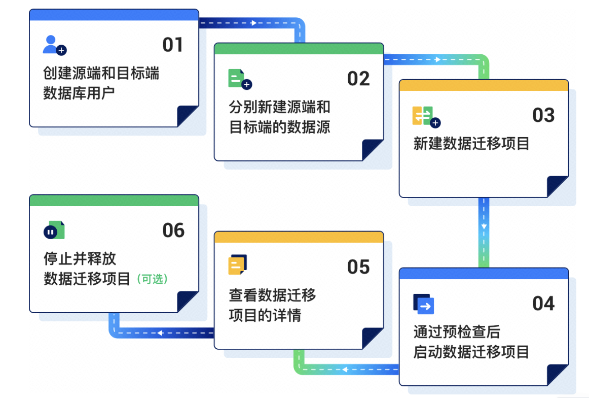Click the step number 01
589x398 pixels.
coord(173,45)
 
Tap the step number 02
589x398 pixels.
coord(358,79)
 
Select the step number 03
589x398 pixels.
coord(543,115)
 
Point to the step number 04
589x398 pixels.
coord(543,304)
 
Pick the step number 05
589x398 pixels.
coord(358,267)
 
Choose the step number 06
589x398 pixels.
coord(173,230)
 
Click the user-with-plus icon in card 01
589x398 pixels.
coord(55,46)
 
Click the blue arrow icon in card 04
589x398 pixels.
coord(424,304)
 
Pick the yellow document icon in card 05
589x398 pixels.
coord(237,265)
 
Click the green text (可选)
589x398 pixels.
coord(152,279)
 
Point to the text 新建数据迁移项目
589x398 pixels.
coord(471,144)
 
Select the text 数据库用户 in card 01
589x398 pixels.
coord(79,93)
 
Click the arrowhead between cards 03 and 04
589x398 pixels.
coord(484,226)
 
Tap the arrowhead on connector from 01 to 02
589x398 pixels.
coord(253,23)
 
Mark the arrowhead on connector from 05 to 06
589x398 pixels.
coord(160,333)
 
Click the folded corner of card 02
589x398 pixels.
coord(372,150)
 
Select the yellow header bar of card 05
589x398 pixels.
coord(299,237)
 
